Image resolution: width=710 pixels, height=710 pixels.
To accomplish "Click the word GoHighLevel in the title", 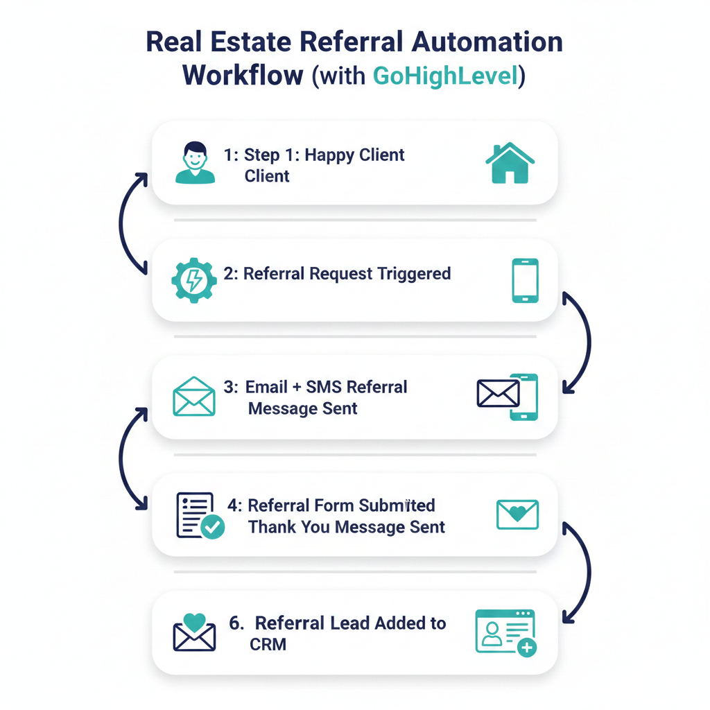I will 445,75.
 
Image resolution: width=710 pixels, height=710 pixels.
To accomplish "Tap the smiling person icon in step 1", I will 195,163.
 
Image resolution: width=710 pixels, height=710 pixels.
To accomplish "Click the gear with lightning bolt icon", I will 193,279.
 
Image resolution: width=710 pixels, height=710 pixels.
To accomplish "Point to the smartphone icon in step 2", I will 525,280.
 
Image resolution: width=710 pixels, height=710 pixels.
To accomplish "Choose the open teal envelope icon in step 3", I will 193,397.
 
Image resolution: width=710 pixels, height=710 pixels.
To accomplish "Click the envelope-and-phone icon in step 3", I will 508,397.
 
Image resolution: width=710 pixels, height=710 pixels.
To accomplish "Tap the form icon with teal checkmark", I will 200,515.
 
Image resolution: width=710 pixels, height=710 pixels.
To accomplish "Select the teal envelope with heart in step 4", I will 517,514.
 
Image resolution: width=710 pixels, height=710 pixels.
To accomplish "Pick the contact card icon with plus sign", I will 506,632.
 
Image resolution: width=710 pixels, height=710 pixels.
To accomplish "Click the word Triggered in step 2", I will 414,274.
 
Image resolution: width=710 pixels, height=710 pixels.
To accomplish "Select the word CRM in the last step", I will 268,644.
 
